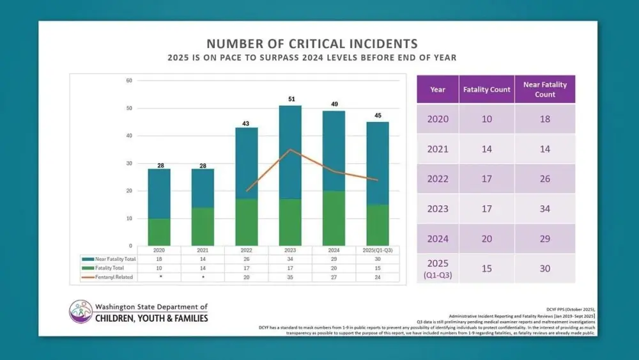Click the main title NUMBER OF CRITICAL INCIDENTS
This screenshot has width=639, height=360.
pos(312,43)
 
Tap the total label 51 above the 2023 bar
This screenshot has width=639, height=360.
pos(291,99)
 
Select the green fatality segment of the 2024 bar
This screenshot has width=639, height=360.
pos(334,218)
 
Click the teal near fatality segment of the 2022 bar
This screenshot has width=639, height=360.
pos(247,163)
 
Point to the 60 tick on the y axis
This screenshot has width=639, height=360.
pos(129,81)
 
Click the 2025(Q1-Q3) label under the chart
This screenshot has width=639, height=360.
pos(377,250)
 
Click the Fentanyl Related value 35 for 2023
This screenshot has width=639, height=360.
pos(290,278)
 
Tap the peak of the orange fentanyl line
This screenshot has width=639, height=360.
pos(291,150)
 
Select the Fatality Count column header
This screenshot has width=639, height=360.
pos(486,90)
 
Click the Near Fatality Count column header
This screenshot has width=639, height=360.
pos(544,90)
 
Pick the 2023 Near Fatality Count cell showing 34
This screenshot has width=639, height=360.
pos(544,208)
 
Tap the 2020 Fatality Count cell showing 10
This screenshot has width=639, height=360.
pos(486,119)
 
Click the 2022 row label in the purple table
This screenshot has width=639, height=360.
pos(438,179)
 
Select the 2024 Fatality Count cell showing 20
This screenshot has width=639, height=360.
pos(486,239)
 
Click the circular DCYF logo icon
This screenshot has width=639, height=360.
pos(81,311)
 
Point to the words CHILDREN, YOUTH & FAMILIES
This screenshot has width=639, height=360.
pos(151,318)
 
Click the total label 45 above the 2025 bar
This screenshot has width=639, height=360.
pos(377,116)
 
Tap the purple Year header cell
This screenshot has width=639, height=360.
pos(438,90)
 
